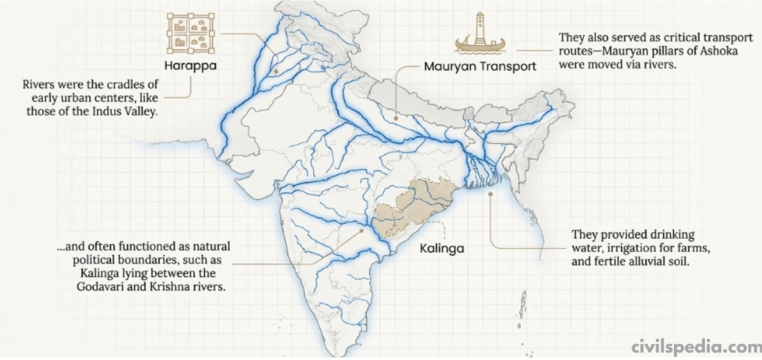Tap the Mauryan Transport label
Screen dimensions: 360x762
click(x=480, y=66)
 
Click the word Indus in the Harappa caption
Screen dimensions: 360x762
click(x=114, y=112)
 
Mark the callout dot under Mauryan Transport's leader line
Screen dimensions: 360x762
click(x=396, y=117)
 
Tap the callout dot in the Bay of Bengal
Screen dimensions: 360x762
click(x=490, y=194)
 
